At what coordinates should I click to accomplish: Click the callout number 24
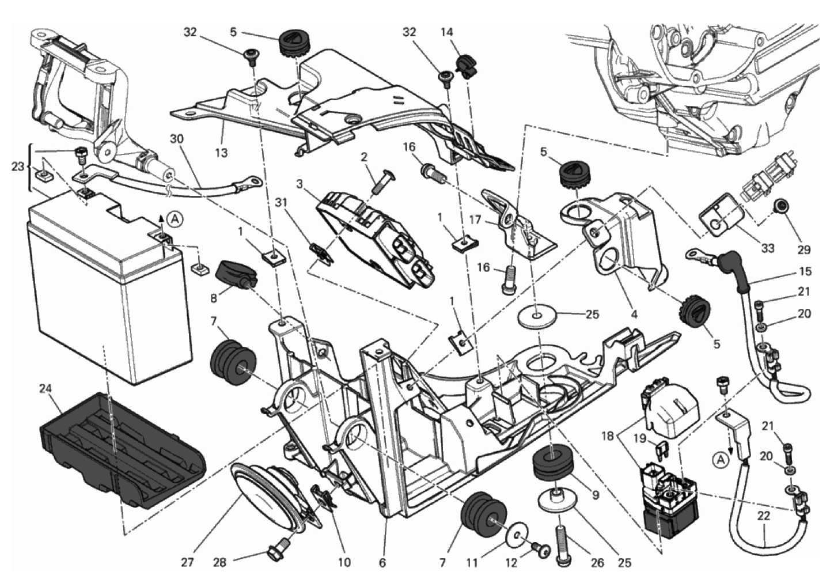click(x=46, y=389)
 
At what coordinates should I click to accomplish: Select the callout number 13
click(x=221, y=153)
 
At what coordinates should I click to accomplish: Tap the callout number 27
click(x=188, y=562)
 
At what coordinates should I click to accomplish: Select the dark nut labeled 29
click(x=780, y=205)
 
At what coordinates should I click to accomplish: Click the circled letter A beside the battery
click(x=176, y=219)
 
